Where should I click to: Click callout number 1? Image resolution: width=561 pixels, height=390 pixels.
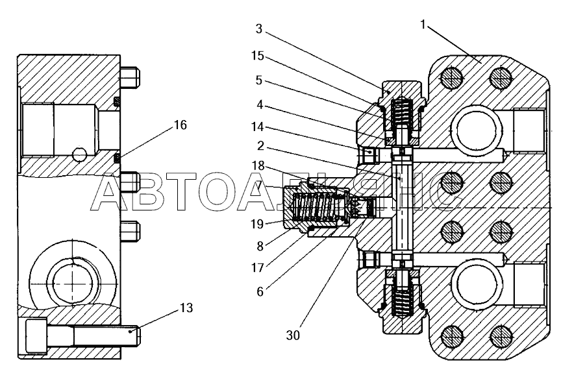pyautogui.click(x=423, y=25)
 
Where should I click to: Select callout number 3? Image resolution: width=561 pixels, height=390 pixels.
pyautogui.click(x=259, y=29)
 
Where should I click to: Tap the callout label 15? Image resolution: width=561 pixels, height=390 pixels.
pyautogui.click(x=257, y=56)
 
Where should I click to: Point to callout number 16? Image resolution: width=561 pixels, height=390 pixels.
pyautogui.click(x=181, y=125)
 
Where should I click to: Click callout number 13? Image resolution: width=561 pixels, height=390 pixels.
pyautogui.click(x=186, y=308)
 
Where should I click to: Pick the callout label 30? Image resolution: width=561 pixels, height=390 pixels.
pyautogui.click(x=293, y=335)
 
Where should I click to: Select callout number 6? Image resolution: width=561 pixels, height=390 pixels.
pyautogui.click(x=260, y=292)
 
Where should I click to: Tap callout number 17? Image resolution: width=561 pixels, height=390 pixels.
pyautogui.click(x=257, y=267)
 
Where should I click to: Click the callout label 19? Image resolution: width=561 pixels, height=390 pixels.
pyautogui.click(x=257, y=224)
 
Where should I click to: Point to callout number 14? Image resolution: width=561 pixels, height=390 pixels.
pyautogui.click(x=257, y=127)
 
